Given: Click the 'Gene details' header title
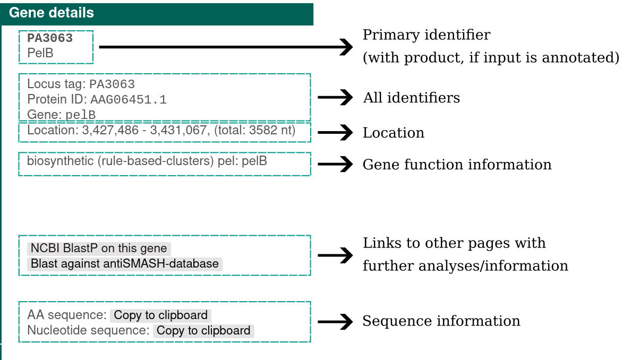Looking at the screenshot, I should [x=52, y=13].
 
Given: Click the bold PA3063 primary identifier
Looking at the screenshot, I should [x=50, y=38].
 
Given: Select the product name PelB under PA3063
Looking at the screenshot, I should [x=40, y=53].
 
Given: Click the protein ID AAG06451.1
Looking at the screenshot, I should [x=129, y=99].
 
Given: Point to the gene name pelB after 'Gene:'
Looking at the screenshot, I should [x=80, y=115].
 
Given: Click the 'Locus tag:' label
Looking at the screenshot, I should [x=56, y=84].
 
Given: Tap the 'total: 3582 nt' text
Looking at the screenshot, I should [x=258, y=130].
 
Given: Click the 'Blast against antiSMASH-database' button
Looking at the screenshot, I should [x=125, y=263].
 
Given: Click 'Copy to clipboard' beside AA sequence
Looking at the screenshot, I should [x=160, y=315].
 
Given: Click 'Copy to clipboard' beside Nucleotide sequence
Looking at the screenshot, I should [x=203, y=331].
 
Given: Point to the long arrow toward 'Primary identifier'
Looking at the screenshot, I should [x=225, y=47].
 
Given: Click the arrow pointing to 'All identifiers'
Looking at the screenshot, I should [x=335, y=97].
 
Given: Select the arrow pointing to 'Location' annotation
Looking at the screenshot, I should [x=335, y=132].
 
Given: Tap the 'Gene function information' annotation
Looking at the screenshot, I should [x=457, y=165].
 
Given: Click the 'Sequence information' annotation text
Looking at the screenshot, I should [x=441, y=321].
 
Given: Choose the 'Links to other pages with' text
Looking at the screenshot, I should [x=454, y=243].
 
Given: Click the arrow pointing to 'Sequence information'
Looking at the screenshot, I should [x=335, y=322].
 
